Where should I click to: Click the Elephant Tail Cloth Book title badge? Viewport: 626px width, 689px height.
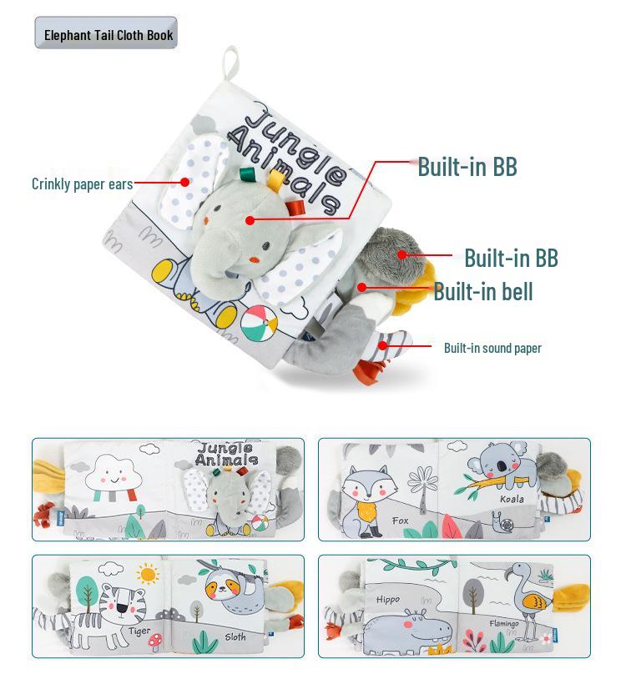click(x=106, y=33)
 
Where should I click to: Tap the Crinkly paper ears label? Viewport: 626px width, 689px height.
click(x=82, y=184)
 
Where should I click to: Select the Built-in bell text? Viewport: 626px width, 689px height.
click(x=482, y=292)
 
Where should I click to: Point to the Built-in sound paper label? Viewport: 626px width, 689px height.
click(x=492, y=348)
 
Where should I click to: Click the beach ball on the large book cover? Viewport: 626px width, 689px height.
click(x=260, y=321)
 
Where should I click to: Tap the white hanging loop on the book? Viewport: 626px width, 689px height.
click(x=231, y=64)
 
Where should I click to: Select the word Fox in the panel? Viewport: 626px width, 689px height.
click(x=401, y=521)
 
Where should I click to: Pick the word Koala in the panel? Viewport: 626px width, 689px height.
click(x=512, y=499)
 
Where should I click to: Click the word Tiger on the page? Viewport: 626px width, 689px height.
click(x=139, y=631)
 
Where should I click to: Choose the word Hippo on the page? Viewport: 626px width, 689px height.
click(x=387, y=599)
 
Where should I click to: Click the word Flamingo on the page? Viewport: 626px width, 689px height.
click(x=505, y=624)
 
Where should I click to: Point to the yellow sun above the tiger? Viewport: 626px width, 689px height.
click(x=149, y=574)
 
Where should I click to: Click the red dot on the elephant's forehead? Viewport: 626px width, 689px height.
click(x=250, y=220)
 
